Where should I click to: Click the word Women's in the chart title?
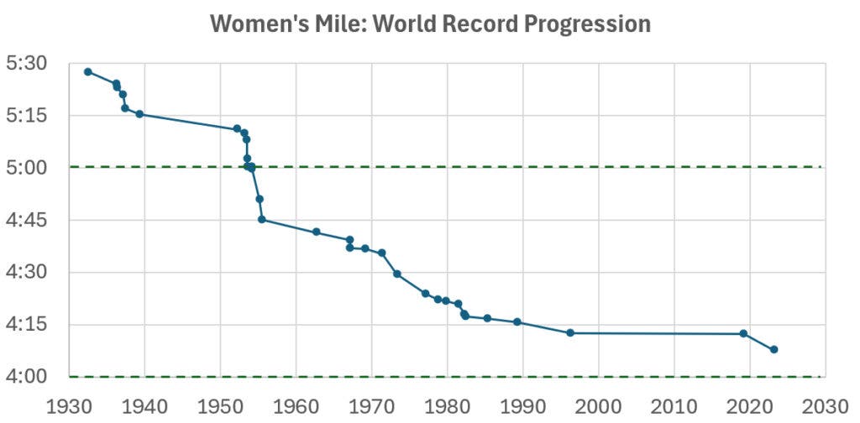click(249, 24)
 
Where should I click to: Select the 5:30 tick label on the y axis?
click(27, 64)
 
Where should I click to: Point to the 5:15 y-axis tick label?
click(27, 116)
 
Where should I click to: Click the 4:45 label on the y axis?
click(27, 221)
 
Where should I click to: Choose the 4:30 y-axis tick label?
click(27, 273)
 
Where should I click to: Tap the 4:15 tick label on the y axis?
click(27, 326)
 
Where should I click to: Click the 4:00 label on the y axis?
click(27, 378)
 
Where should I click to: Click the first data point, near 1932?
click(87, 71)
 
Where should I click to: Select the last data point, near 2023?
click(773, 349)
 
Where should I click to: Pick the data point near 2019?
click(743, 334)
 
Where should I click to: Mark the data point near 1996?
click(570, 333)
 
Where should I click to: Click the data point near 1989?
click(517, 322)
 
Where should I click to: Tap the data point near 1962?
click(317, 232)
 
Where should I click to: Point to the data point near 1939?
click(139, 114)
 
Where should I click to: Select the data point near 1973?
click(397, 274)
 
